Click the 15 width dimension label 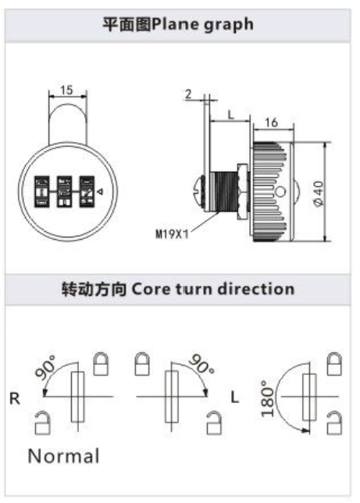click(x=66, y=90)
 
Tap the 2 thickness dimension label click(x=188, y=94)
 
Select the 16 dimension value click(x=271, y=122)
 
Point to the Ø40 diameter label click(x=319, y=194)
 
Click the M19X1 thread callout click(x=172, y=234)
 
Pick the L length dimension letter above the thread click(x=230, y=115)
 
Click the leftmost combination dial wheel click(x=42, y=191)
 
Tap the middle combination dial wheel click(x=64, y=191)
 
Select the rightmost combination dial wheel click(x=87, y=191)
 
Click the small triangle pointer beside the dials click(x=100, y=192)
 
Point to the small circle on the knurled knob click(x=280, y=192)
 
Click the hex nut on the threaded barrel click(x=242, y=191)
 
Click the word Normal click(x=63, y=456)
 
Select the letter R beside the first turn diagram click(x=15, y=399)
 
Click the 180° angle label click(x=268, y=399)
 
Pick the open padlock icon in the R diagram click(x=42, y=423)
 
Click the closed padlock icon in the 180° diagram click(x=334, y=364)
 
